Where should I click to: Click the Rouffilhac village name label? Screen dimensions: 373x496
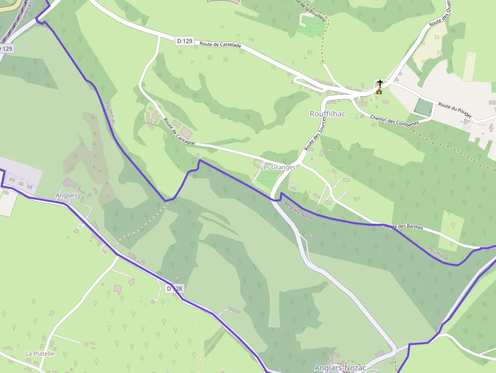click(x=327, y=114)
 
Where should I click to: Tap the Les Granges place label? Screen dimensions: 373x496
click(x=277, y=167)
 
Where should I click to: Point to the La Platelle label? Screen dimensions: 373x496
click(x=39, y=353)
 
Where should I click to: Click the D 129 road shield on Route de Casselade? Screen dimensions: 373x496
click(x=185, y=41)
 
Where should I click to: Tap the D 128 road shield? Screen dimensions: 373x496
click(x=174, y=288)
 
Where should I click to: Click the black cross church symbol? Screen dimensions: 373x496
click(x=380, y=82)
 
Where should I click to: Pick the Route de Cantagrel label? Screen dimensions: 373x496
click(x=179, y=132)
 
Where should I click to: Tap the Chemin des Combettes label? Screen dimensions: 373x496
click(x=394, y=121)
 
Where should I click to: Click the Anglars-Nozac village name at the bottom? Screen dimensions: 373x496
click(x=340, y=368)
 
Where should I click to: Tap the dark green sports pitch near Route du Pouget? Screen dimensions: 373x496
click(x=424, y=107)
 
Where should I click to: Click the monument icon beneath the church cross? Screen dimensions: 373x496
click(x=379, y=91)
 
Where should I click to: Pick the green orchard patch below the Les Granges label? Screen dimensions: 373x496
click(x=268, y=178)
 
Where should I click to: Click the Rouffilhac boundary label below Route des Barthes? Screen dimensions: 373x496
click(x=439, y=254)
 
